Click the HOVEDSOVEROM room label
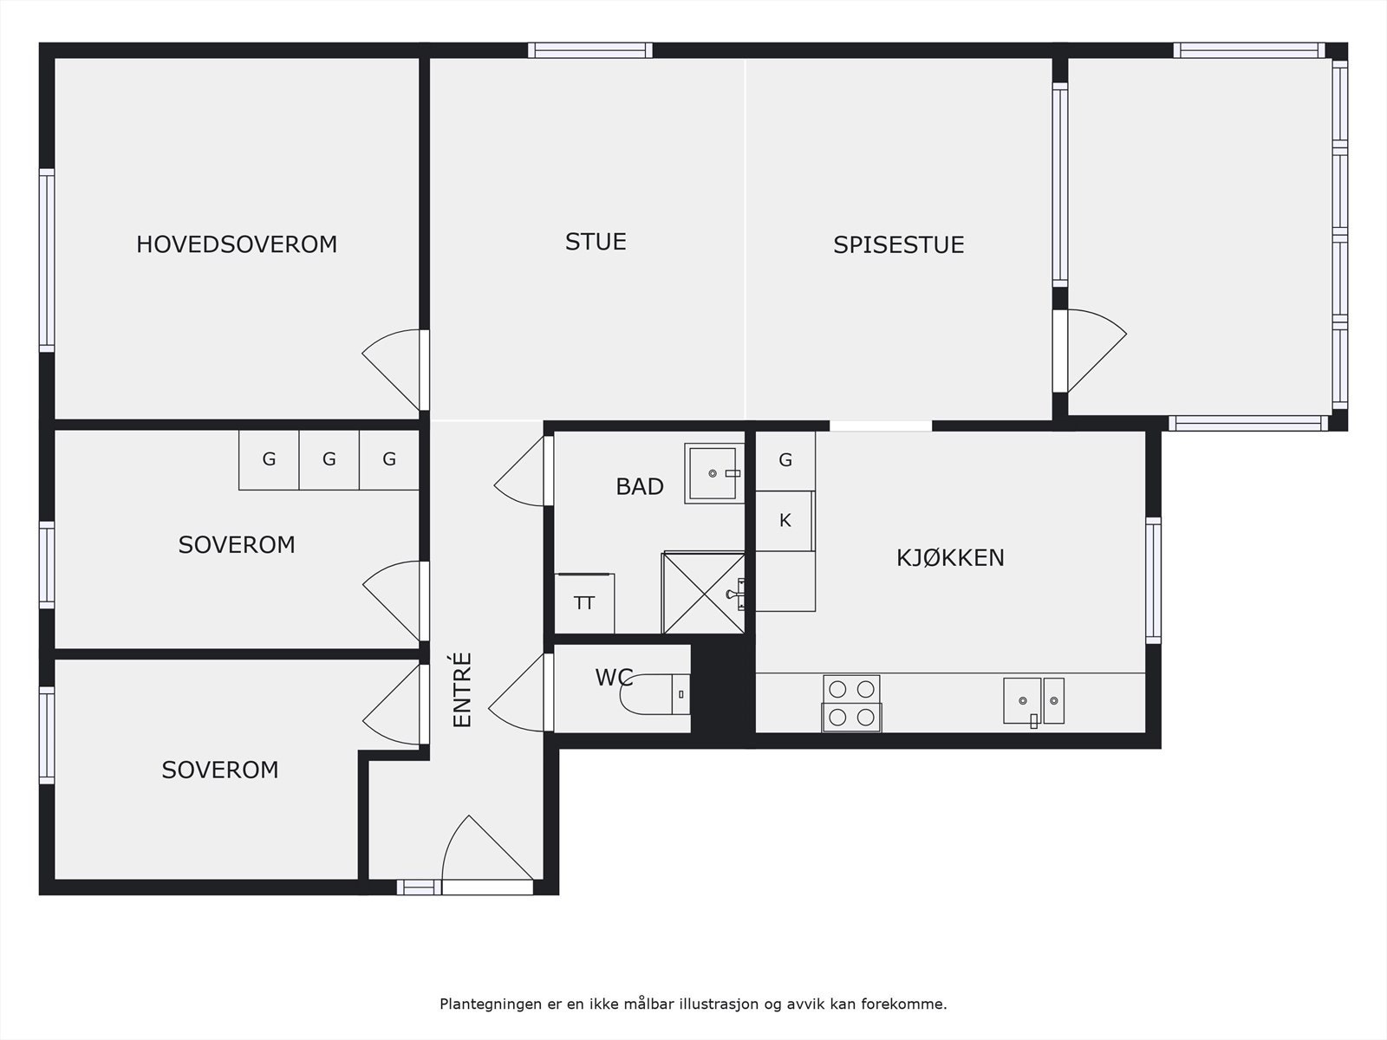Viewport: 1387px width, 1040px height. click(236, 244)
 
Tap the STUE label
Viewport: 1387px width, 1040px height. click(596, 242)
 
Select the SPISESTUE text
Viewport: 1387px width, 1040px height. click(898, 245)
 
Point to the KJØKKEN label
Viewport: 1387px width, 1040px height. click(950, 558)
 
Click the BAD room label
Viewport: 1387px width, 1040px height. click(639, 487)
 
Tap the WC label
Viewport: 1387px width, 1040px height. click(613, 678)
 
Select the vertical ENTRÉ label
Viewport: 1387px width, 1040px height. click(462, 690)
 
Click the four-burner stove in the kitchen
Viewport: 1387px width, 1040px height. click(851, 703)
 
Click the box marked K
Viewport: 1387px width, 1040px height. click(785, 521)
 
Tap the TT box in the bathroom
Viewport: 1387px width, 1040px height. click(584, 603)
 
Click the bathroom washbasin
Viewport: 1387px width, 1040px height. click(713, 473)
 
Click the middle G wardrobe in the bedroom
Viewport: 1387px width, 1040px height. click(329, 460)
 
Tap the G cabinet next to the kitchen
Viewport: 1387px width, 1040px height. click(785, 460)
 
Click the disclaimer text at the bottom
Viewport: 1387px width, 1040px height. click(693, 1004)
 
